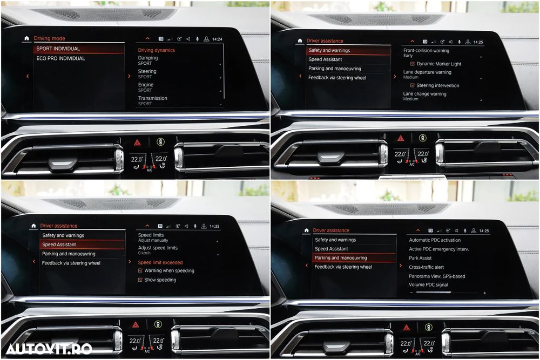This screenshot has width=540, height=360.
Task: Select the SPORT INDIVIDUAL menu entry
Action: [x=58, y=49]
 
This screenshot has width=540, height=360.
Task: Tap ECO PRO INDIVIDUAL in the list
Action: [x=60, y=58]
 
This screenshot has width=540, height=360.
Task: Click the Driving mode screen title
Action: [x=49, y=38]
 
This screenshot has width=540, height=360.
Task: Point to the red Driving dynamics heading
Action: [x=157, y=50]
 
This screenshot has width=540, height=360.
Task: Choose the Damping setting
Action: [x=148, y=60]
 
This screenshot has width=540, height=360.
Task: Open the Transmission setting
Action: [x=153, y=100]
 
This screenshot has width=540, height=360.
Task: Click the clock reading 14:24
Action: [x=217, y=39]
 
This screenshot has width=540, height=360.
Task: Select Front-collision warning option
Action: [x=426, y=53]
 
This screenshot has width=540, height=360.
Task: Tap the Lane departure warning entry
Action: [x=427, y=74]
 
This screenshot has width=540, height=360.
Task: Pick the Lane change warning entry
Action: [x=424, y=96]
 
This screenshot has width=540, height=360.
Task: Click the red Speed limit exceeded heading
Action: [x=160, y=262]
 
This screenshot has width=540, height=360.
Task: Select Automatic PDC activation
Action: [x=435, y=240]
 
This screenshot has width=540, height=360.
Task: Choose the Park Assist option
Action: [x=420, y=258]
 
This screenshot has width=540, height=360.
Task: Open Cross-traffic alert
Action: [x=427, y=267]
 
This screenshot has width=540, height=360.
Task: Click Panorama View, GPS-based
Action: [x=437, y=276]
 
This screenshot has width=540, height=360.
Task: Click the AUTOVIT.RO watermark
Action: [x=49, y=349]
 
